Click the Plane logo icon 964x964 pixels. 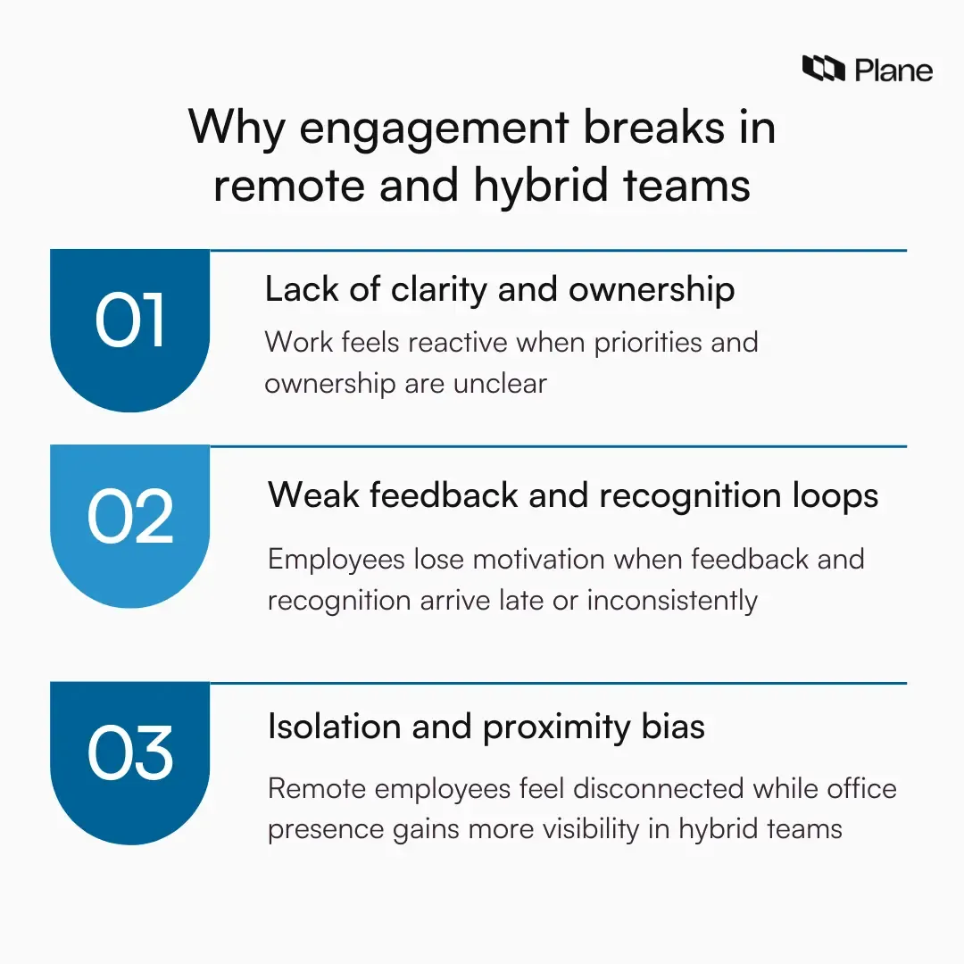tap(823, 69)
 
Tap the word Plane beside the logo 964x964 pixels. tap(893, 70)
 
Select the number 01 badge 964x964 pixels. tap(130, 323)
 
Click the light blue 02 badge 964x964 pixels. tap(130, 519)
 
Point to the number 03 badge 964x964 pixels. tap(130, 754)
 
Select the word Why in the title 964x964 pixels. tap(237, 129)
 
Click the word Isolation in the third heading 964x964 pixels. tap(333, 727)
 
